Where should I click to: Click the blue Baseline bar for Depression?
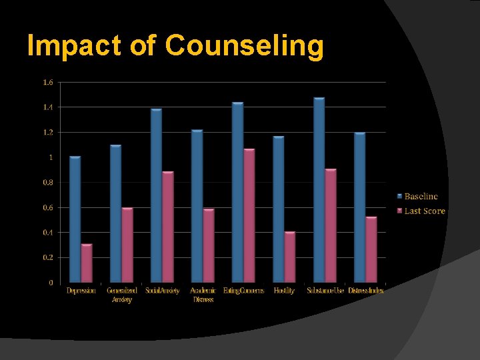tap(75, 219)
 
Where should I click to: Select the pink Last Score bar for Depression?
tap(87, 263)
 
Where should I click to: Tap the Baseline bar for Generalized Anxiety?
tap(116, 213)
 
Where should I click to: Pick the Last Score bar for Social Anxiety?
tap(168, 227)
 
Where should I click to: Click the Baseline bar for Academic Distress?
tap(197, 206)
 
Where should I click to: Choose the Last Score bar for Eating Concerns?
tap(249, 216)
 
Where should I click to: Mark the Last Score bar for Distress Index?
tap(371, 250)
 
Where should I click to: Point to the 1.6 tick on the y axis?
tap(48, 82)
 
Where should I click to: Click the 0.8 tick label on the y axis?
tap(48, 183)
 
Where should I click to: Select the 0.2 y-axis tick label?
tap(48, 258)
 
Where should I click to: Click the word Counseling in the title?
tap(244, 46)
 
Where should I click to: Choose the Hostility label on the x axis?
tap(284, 291)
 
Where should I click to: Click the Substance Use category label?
tap(325, 291)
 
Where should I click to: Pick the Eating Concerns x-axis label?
tap(243, 291)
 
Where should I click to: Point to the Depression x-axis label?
tap(81, 291)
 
